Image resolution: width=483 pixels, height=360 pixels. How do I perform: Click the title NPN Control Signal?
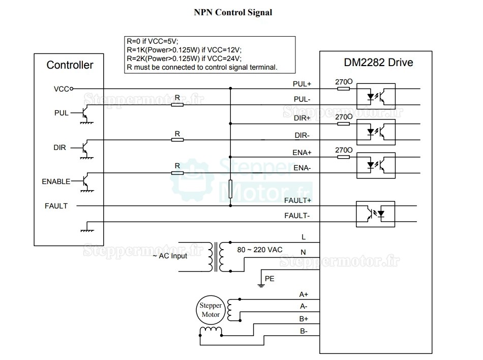tap(233, 12)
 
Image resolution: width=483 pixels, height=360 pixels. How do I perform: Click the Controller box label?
tap(70, 65)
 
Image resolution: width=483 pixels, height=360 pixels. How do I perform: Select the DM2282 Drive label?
tap(375, 63)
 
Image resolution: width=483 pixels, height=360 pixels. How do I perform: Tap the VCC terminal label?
tap(61, 88)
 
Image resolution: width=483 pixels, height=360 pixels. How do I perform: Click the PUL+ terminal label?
tap(302, 83)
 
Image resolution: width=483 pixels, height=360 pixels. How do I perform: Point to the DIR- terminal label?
tap(303, 136)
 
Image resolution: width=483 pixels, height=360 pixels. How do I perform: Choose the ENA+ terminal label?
tap(302, 152)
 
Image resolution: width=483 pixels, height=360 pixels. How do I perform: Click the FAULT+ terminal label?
tap(298, 200)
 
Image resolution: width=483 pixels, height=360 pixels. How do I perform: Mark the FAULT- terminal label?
tap(298, 216)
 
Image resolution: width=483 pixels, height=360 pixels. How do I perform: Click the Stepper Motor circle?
tap(210, 310)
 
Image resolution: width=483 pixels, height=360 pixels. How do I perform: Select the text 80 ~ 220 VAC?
tap(260, 250)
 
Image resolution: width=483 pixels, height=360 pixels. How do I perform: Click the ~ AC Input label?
tap(170, 256)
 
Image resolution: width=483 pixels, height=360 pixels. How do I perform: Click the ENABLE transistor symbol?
tap(85, 181)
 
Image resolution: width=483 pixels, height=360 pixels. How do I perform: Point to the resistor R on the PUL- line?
tap(177, 105)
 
